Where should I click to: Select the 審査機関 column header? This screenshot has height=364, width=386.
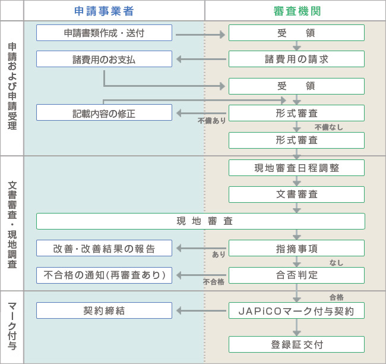tap(296, 11)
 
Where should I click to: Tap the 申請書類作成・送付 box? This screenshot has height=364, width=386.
tap(104, 33)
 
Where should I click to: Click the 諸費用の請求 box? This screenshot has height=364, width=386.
tap(296, 59)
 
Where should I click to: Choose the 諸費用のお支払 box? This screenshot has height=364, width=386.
tap(104, 59)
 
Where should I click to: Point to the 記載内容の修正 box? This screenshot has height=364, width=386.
tap(104, 112)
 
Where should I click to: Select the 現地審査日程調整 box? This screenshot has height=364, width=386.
tap(296, 168)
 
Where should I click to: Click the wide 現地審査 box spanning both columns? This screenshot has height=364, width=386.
tap(200, 221)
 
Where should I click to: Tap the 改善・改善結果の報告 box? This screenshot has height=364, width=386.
tap(104, 248)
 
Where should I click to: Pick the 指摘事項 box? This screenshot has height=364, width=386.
tap(296, 248)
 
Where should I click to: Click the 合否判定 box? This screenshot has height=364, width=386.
tap(296, 275)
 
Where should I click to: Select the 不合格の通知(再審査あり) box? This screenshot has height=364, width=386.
tap(104, 275)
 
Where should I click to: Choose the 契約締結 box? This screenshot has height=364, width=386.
tap(104, 310)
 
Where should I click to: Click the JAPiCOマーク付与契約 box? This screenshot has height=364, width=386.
tap(296, 310)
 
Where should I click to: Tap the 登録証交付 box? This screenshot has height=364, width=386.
tap(296, 344)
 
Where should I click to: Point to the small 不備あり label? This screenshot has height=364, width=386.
tap(212, 120)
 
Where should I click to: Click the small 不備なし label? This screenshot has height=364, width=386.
tap(328, 127)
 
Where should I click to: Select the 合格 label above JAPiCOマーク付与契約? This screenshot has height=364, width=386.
tap(336, 297)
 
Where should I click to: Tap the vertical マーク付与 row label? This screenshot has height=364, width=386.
tap(12, 327)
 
